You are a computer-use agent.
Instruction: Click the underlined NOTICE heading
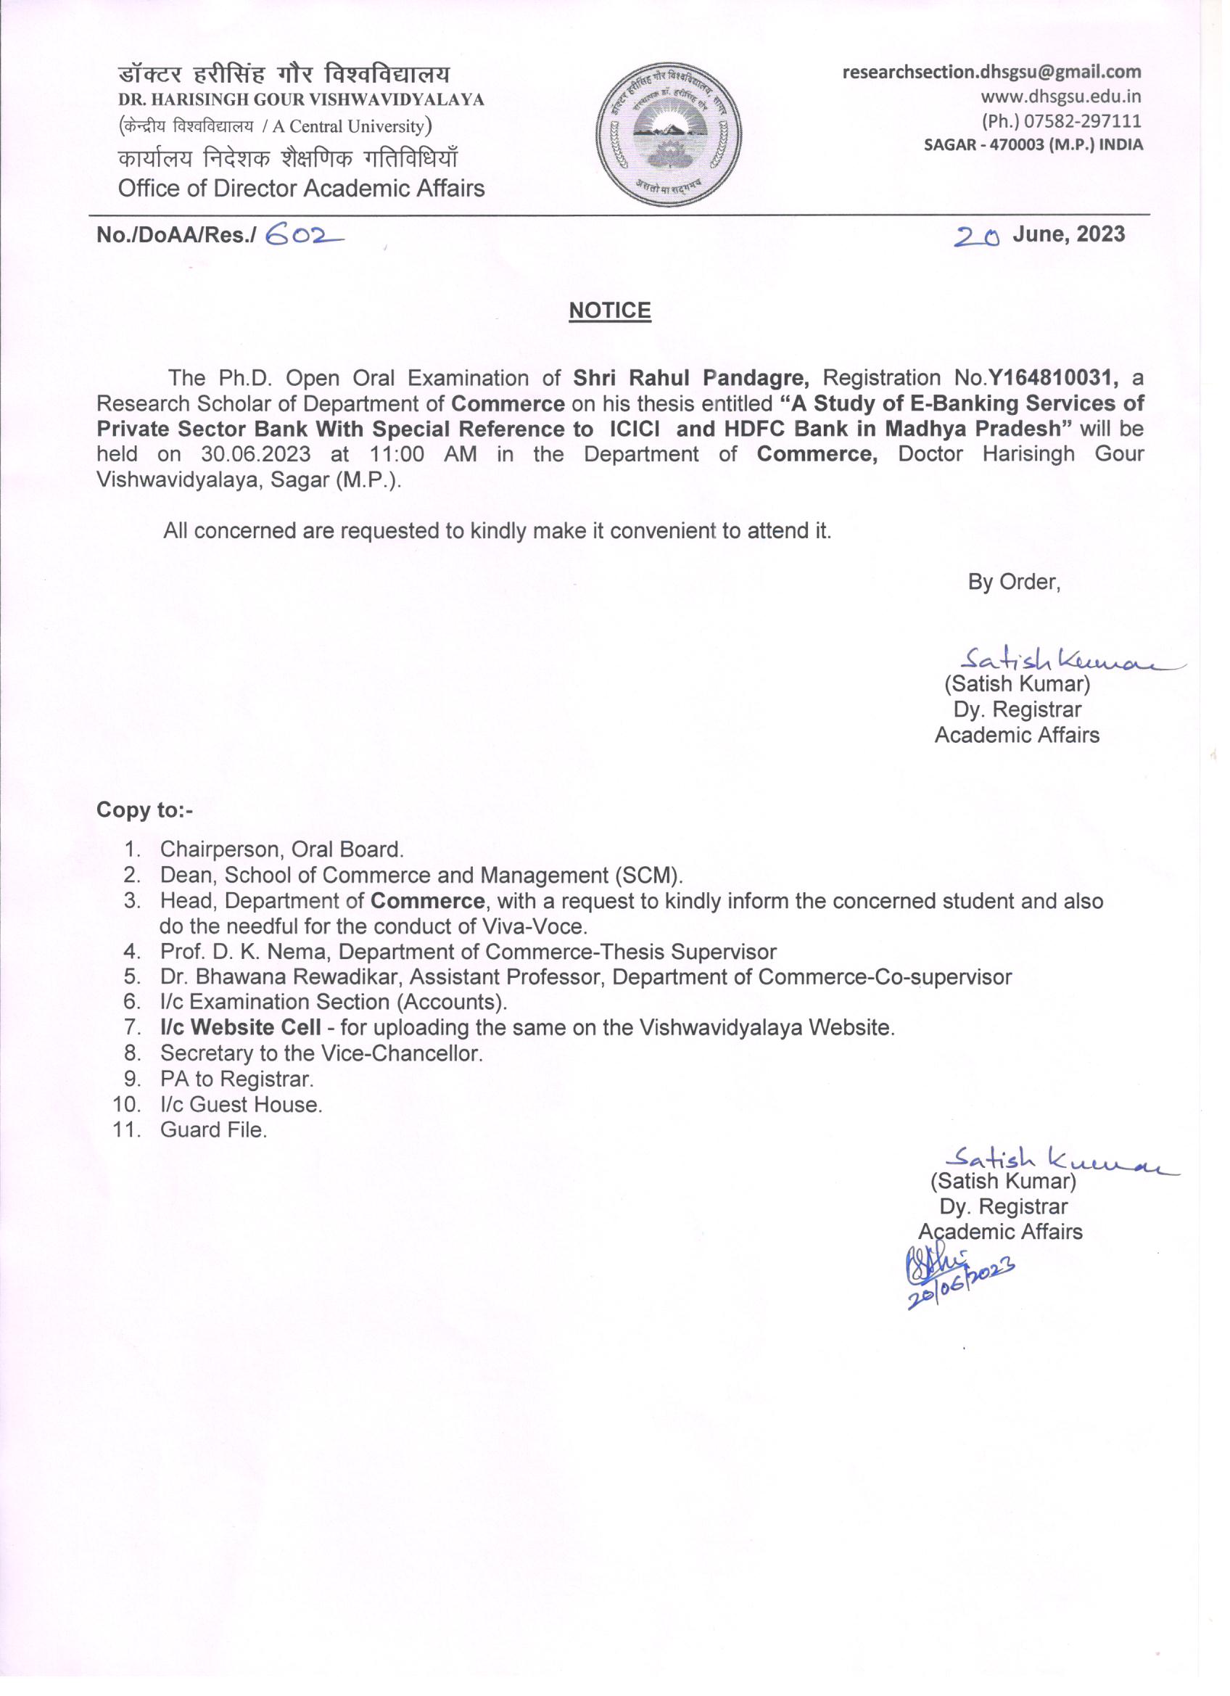609,310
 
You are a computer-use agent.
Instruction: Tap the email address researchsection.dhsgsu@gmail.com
991,73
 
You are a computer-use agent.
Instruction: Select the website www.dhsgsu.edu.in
1060,96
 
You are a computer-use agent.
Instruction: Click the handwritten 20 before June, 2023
976,236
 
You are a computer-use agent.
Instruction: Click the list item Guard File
213,1129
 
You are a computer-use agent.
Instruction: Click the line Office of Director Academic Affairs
301,188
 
